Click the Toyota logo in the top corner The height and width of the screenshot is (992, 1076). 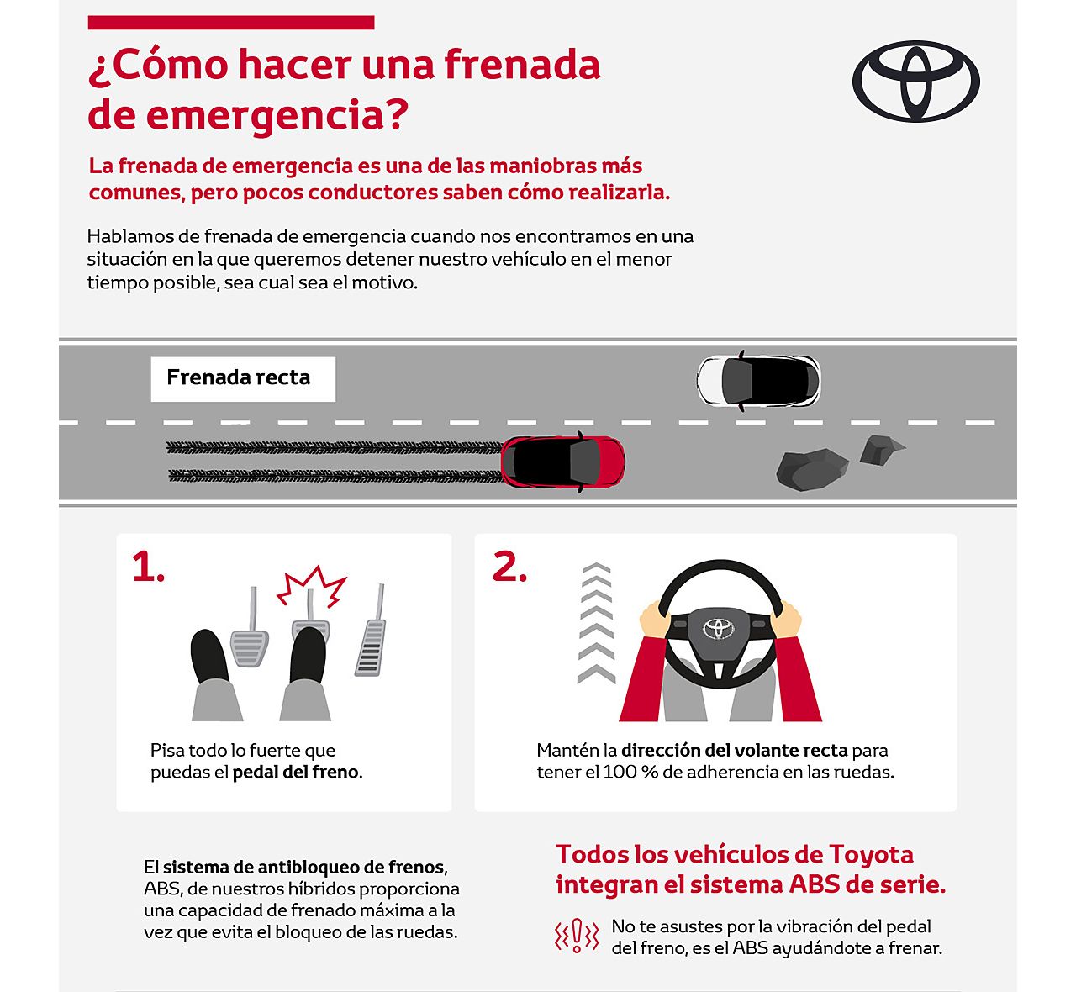click(916, 82)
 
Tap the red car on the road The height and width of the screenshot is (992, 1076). click(562, 462)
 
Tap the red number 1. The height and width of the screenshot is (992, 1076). click(147, 567)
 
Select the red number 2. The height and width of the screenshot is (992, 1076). click(509, 567)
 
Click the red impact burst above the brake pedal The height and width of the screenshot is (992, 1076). click(312, 586)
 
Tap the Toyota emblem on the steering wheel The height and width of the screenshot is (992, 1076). click(719, 627)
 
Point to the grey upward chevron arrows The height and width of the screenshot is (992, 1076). click(596, 622)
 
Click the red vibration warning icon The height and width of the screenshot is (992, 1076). click(577, 936)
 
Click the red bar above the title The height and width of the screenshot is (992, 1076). click(231, 23)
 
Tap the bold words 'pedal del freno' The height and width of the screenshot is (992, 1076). click(295, 772)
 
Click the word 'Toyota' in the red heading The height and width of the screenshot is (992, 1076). click(871, 854)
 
